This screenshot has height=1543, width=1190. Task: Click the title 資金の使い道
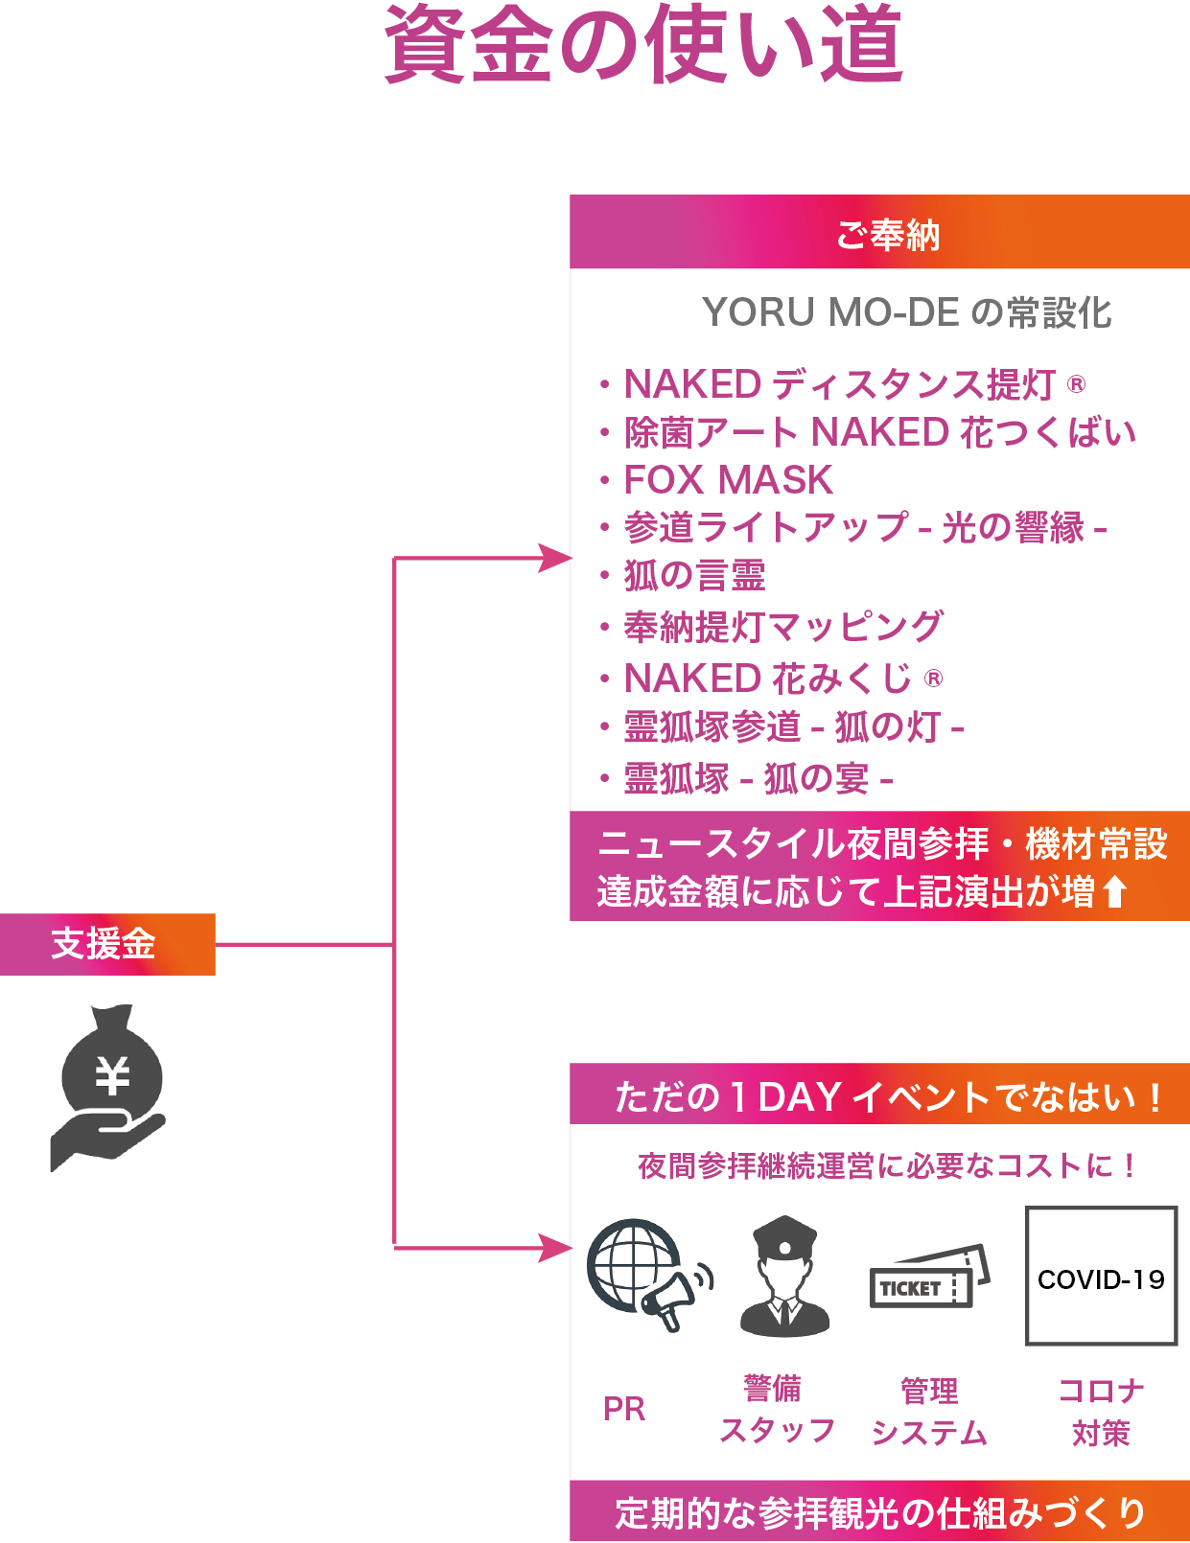point(643,44)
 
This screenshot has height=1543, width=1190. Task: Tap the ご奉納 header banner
point(879,232)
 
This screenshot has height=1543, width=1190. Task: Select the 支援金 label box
point(107,944)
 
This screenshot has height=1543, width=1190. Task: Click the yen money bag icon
point(108,1089)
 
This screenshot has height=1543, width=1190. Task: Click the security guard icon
point(785,1276)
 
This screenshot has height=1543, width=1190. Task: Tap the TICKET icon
point(930,1276)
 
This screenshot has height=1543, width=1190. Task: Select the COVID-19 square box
point(1101,1276)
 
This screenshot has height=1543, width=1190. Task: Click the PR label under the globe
point(624,1410)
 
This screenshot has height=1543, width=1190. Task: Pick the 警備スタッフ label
point(778,1410)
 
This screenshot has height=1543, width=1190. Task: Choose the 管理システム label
point(929,1411)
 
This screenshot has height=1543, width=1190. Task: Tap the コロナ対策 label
point(1101,1411)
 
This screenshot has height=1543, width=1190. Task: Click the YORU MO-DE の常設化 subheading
point(906,312)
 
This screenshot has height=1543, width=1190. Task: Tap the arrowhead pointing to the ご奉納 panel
point(555,558)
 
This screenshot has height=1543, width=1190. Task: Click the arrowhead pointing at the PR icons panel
point(555,1248)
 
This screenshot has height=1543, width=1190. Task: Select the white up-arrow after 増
point(1115,891)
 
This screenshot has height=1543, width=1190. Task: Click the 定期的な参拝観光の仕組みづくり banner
point(879,1511)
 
